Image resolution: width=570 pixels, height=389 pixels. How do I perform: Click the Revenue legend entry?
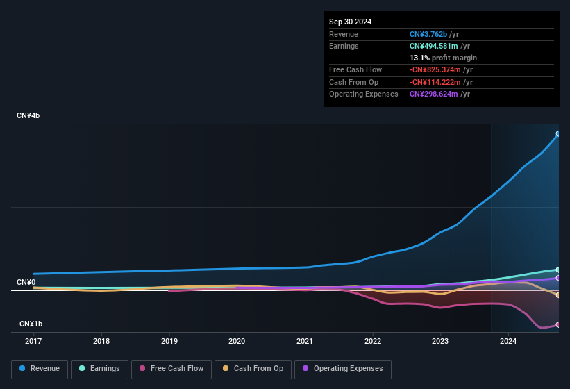pos(39,368)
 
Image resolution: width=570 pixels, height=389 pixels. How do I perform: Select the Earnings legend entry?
pos(98,368)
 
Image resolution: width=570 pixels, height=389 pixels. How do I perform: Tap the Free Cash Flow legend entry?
pos(171,368)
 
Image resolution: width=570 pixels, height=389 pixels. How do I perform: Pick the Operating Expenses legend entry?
pos(342,368)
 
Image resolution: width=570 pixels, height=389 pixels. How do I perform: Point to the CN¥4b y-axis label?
pos(28,115)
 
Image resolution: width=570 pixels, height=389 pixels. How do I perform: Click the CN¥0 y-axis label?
pos(26,282)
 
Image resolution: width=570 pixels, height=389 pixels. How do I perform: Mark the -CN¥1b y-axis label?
pos(30,324)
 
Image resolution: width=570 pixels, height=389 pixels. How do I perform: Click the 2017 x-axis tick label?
pos(33,341)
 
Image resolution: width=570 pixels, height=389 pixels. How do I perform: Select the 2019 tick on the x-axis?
pos(169,341)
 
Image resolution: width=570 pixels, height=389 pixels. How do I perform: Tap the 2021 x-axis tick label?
pos(304,341)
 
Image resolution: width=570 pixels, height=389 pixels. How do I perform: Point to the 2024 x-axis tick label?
pos(508,341)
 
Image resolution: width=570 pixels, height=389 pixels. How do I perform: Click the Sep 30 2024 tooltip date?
pos(350,22)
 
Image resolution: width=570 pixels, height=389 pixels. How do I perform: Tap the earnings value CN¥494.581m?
pos(435,46)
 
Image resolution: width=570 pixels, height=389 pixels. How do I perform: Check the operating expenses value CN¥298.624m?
pos(435,94)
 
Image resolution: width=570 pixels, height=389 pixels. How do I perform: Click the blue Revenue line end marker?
pos(558,133)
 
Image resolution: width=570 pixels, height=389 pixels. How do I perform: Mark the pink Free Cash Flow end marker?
pos(558,324)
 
